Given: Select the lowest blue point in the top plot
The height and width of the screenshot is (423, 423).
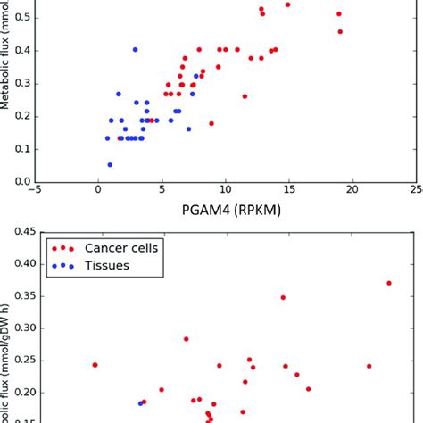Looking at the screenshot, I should [x=110, y=164].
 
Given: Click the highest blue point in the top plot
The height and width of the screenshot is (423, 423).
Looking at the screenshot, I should [x=135, y=50].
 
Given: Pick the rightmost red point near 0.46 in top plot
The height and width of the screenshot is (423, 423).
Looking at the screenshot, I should [x=340, y=31].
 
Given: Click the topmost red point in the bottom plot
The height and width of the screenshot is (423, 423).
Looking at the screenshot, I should [x=389, y=283].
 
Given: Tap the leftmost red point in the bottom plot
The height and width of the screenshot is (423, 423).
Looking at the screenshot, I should [x=95, y=364].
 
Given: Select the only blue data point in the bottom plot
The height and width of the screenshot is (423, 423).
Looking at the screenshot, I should [x=140, y=403].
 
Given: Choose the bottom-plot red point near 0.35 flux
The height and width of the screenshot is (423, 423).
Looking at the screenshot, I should [x=283, y=297].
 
